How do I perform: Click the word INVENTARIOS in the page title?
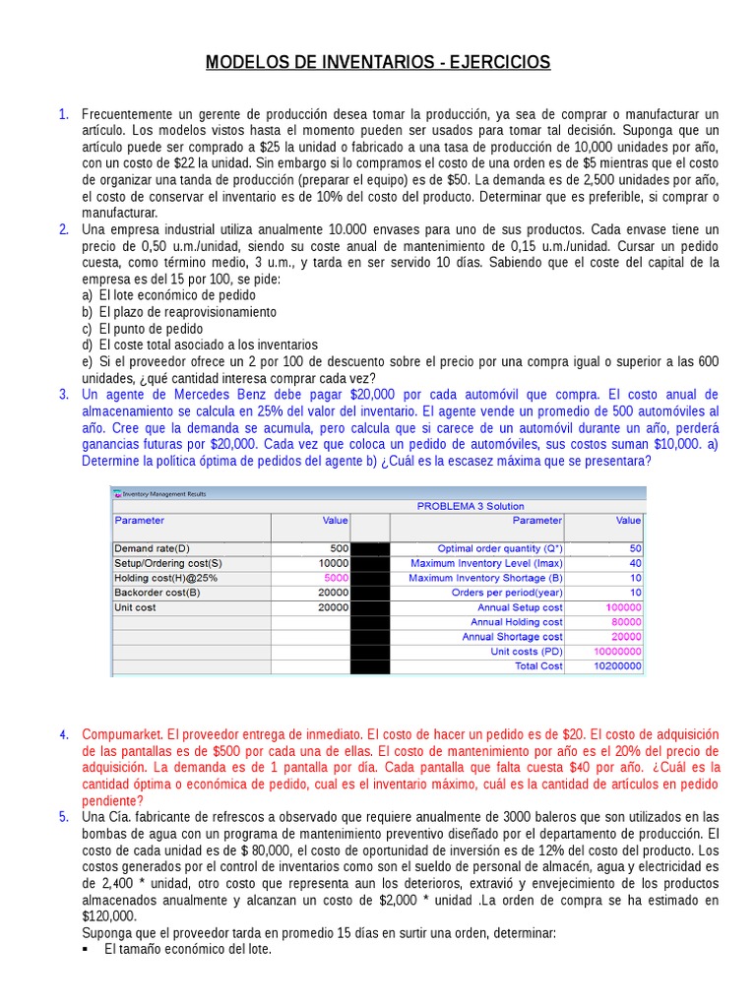[377, 63]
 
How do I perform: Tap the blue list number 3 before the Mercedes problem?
[63, 394]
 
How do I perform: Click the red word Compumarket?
[123, 734]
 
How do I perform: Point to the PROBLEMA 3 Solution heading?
[471, 506]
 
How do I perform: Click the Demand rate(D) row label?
[153, 548]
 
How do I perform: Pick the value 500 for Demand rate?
[339, 548]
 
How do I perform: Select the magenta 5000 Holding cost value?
[336, 578]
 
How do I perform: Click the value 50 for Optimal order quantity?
[635, 548]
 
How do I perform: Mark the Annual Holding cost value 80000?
[626, 622]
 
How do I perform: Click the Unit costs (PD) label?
[526, 652]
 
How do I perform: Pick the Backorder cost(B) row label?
[157, 593]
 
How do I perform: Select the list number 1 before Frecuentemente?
[63, 114]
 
